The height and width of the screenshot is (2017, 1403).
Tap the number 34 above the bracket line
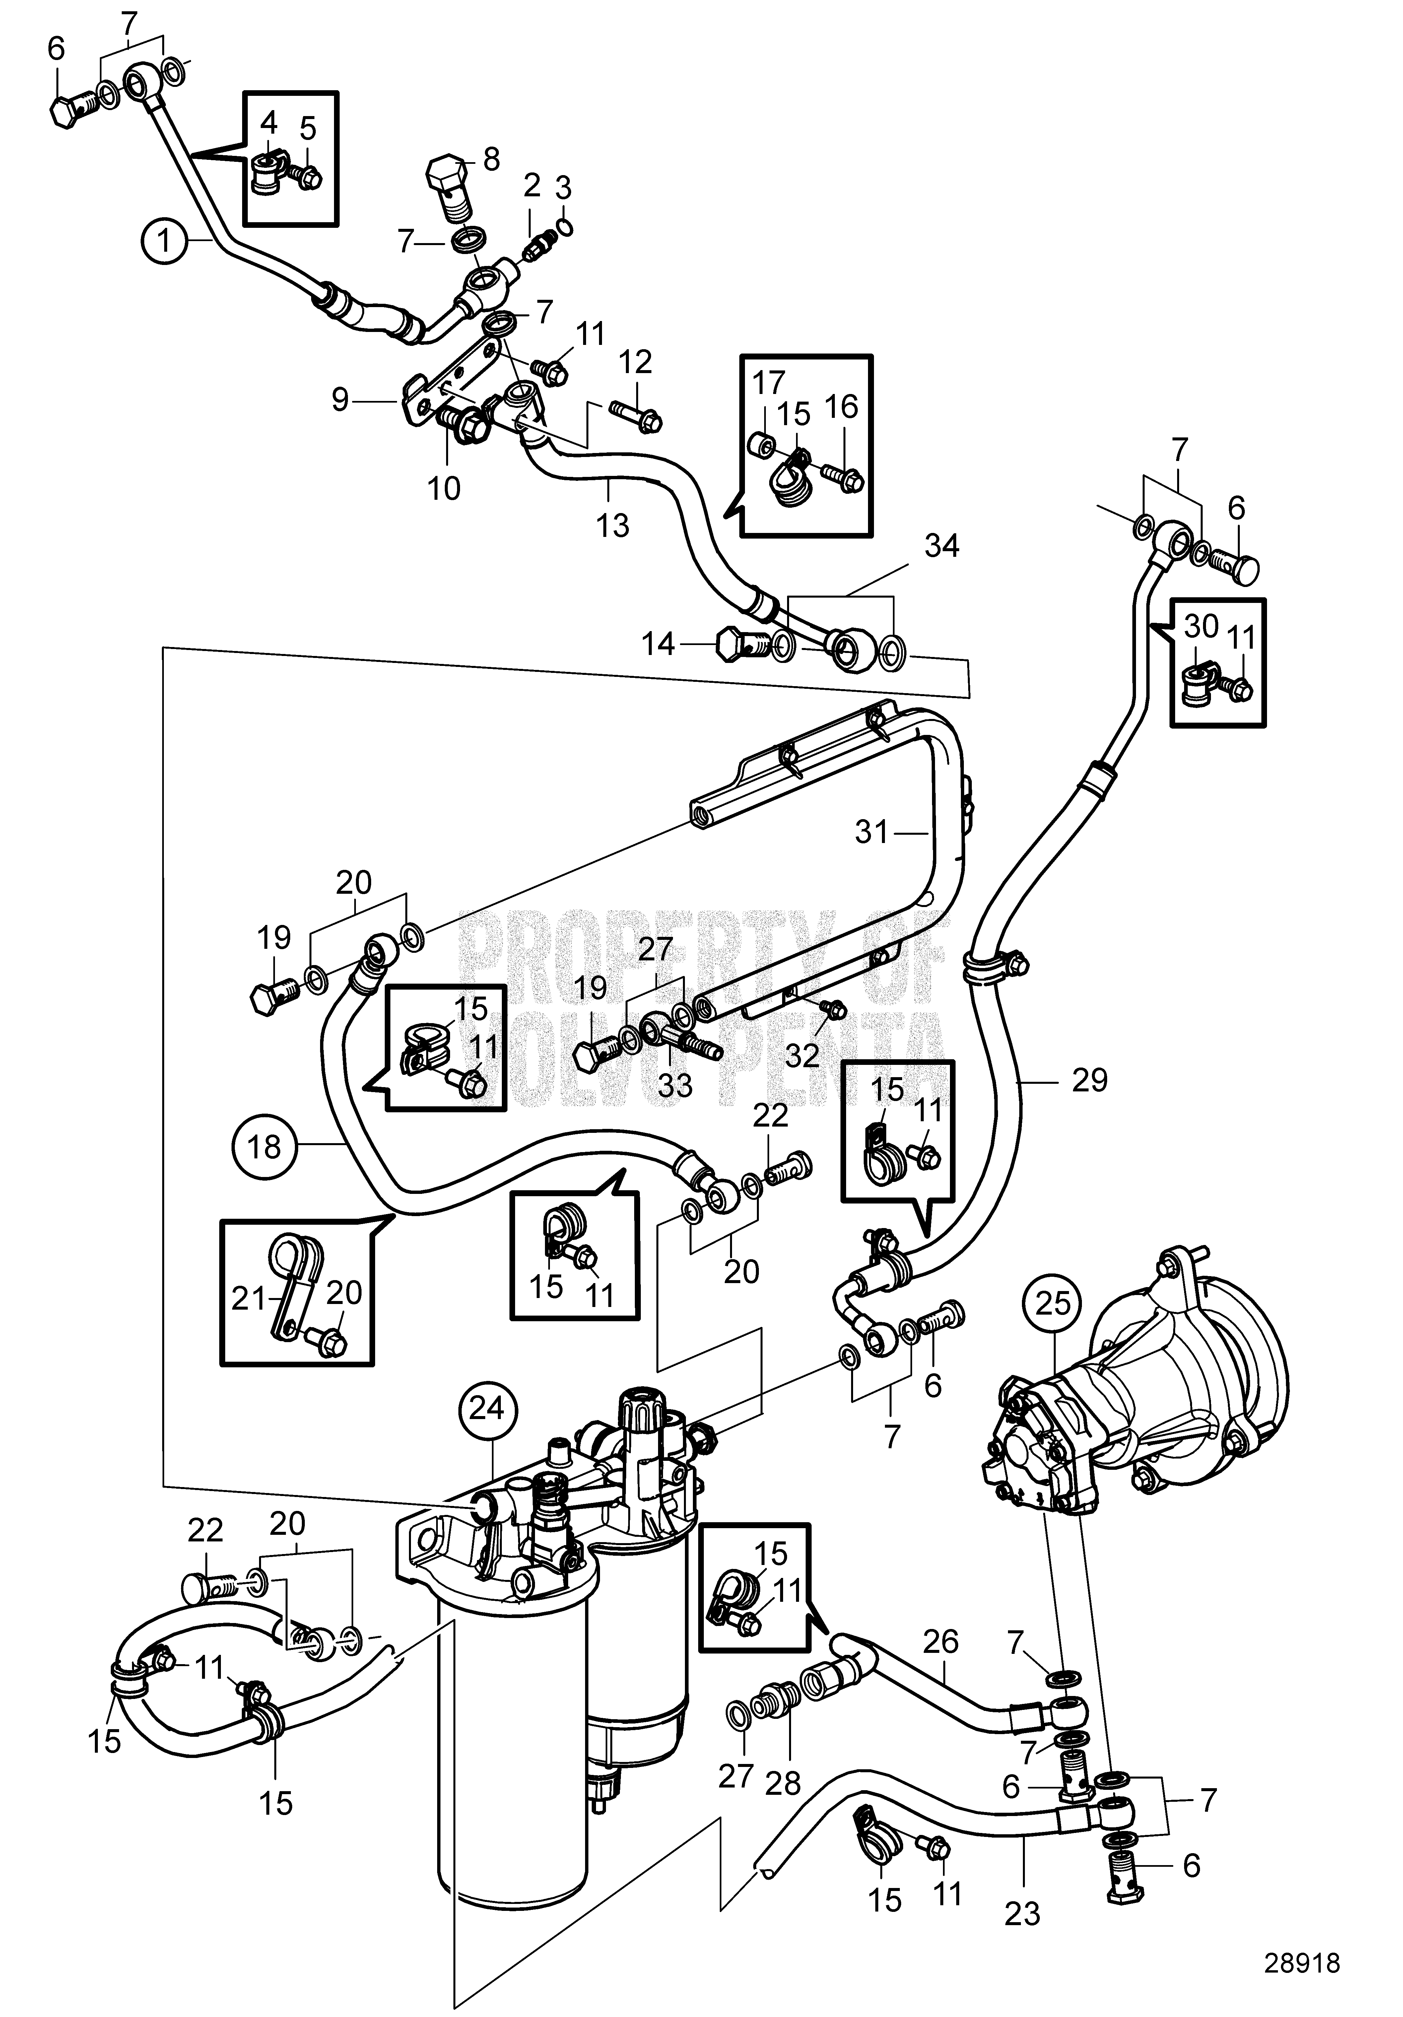click(941, 547)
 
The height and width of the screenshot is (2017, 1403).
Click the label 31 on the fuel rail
click(872, 831)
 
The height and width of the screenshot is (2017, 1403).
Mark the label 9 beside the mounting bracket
click(340, 401)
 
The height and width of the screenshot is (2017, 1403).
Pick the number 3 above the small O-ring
click(563, 187)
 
